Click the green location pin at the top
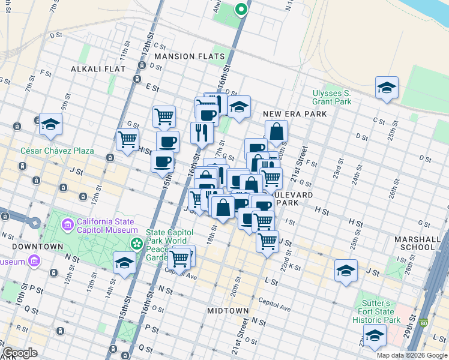pyautogui.click(x=241, y=10)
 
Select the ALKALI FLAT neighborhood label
pyautogui.click(x=98, y=69)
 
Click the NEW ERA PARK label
pyautogui.click(x=295, y=114)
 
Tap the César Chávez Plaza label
pyautogui.click(x=58, y=151)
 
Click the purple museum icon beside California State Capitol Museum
pyautogui.click(x=67, y=226)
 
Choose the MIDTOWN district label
pyautogui.click(x=228, y=310)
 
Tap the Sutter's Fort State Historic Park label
pyautogui.click(x=376, y=311)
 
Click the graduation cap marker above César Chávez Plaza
pyautogui.click(x=51, y=124)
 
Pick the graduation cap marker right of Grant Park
pyautogui.click(x=387, y=88)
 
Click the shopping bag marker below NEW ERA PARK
pyautogui.click(x=276, y=131)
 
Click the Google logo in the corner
pyautogui.click(x=21, y=353)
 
